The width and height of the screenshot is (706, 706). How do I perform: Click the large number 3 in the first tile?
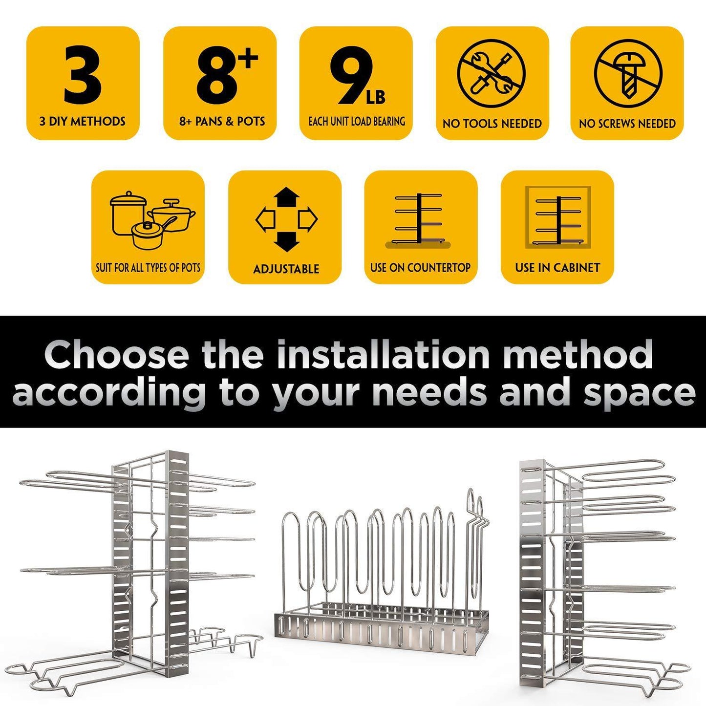click(83, 75)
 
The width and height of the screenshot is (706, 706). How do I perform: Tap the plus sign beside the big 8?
click(250, 59)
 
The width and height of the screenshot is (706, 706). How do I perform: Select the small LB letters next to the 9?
click(375, 97)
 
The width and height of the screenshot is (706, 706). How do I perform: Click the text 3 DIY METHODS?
click(83, 121)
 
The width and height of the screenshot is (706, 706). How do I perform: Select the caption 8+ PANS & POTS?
click(222, 121)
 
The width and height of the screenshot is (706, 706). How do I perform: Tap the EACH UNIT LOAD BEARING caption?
click(357, 121)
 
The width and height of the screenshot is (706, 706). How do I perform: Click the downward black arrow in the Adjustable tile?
click(286, 241)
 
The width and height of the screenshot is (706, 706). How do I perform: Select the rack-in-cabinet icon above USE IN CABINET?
click(557, 217)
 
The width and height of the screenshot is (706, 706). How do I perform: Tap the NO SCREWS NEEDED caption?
click(627, 124)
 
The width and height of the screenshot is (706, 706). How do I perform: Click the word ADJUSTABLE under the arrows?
click(286, 269)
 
